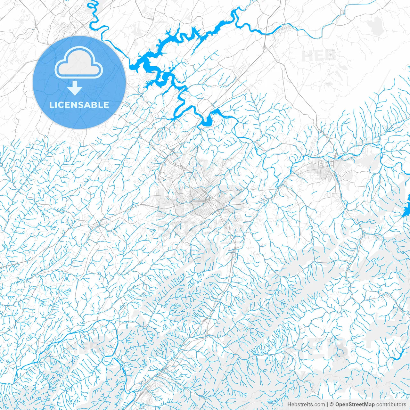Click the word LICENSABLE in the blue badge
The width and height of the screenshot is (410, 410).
(x=79, y=105)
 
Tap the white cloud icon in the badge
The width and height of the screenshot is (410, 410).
(x=79, y=63)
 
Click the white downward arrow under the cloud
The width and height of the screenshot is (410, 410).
(x=75, y=88)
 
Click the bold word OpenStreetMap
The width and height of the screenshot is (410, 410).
(x=355, y=405)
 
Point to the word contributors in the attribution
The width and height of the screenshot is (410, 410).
(x=391, y=405)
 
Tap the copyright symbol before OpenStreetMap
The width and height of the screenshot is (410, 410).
(x=332, y=405)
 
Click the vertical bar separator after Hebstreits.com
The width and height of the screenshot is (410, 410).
(x=327, y=405)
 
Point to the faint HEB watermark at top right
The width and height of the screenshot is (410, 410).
(x=319, y=56)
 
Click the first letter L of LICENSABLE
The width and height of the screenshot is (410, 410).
(x=51, y=105)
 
